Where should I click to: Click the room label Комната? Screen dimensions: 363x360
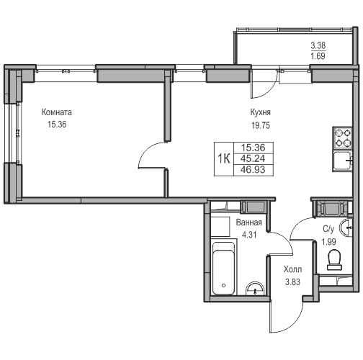coord(57,112)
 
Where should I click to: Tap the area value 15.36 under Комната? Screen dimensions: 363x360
coord(57,125)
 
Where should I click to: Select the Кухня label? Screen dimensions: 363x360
coord(261,112)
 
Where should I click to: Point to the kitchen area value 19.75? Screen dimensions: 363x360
coord(261,125)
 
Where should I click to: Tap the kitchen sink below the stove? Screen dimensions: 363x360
coord(342,161)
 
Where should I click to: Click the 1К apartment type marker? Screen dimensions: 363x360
coord(224,158)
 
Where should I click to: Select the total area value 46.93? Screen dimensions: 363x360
coord(253,170)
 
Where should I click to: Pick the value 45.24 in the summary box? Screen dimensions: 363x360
coord(253,158)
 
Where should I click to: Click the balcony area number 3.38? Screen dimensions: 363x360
coord(318,45)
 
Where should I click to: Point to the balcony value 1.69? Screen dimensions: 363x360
coord(318,56)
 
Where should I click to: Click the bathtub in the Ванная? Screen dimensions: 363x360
coord(223,269)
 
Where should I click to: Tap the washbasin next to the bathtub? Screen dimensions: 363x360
coord(255,289)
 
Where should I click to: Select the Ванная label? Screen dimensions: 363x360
coord(249,222)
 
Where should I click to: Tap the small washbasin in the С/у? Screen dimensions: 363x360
coord(345,227)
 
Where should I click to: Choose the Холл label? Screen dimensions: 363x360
coord(292,269)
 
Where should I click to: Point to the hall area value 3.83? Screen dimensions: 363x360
coord(292,282)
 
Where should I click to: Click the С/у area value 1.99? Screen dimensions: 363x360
coord(329,242)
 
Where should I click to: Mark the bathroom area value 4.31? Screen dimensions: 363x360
coord(249,235)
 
